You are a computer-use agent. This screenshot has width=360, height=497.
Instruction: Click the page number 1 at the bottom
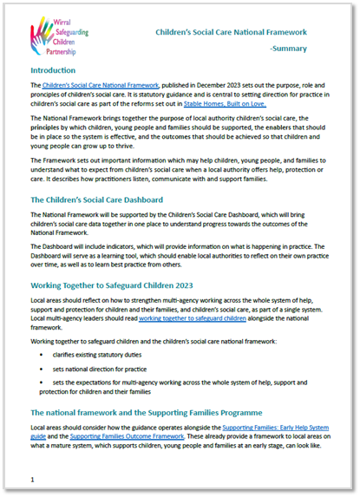click(33, 478)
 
